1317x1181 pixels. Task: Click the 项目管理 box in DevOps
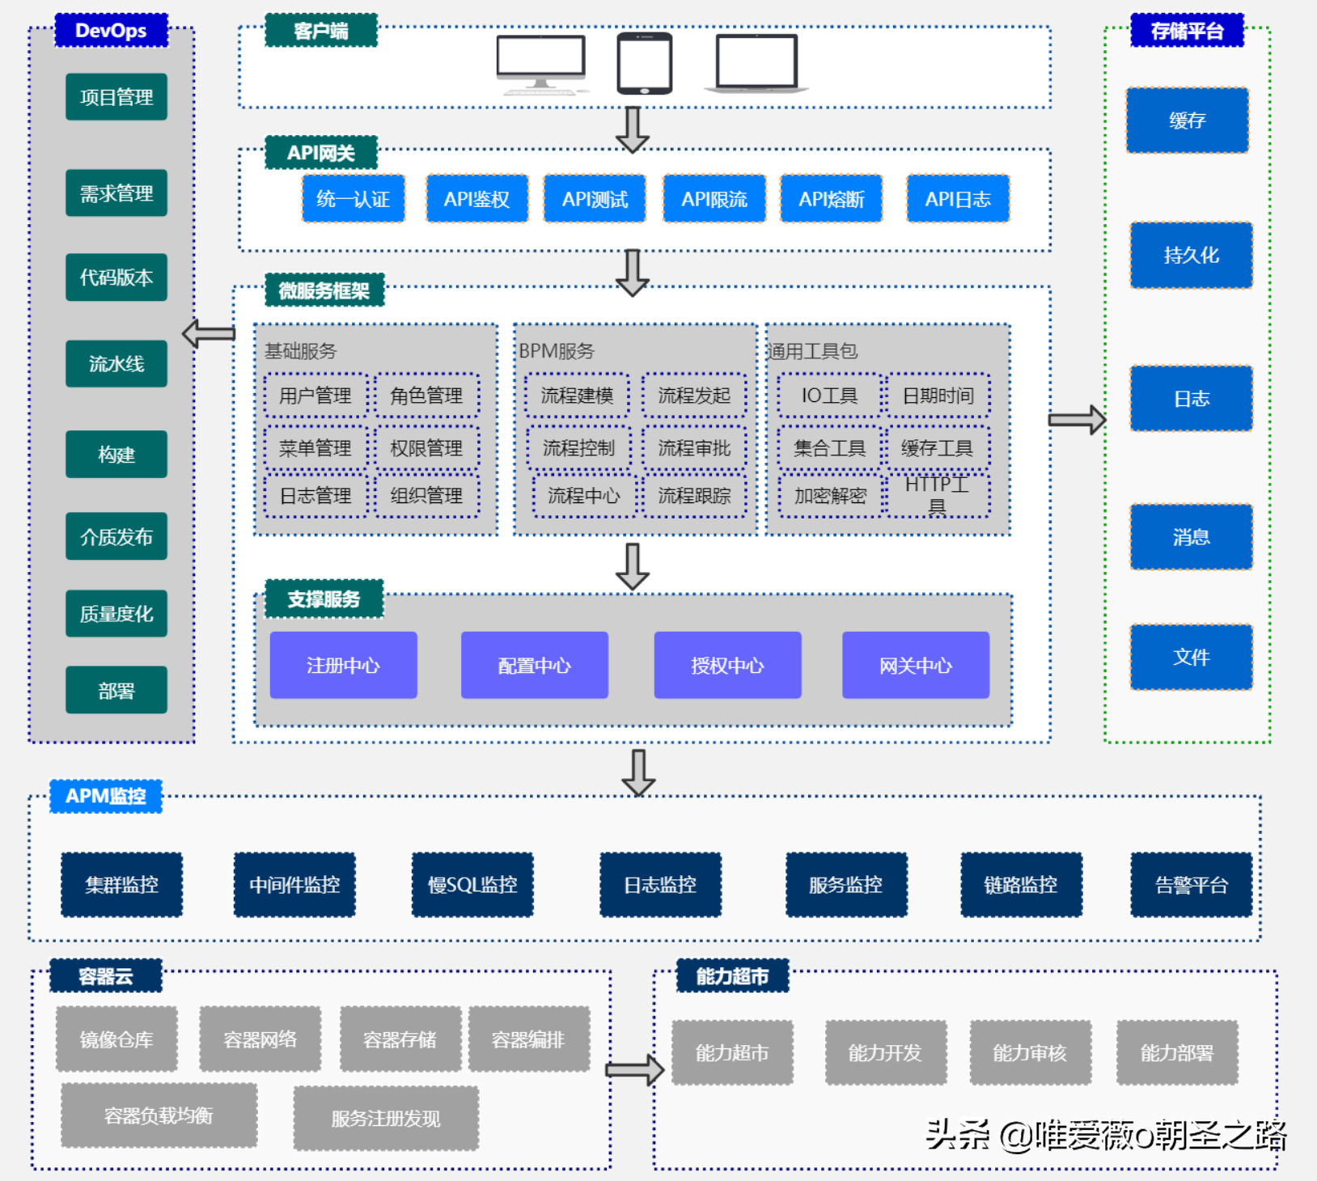point(116,97)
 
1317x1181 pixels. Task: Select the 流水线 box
point(116,364)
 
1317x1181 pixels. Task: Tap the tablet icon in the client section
point(645,63)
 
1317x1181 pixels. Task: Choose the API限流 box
point(714,199)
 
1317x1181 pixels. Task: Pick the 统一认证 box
point(354,199)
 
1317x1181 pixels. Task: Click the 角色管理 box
point(426,396)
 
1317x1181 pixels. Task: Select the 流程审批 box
point(694,448)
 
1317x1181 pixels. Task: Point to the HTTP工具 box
point(938,495)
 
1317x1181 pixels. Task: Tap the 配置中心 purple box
point(534,665)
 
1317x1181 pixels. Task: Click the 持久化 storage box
point(1191,256)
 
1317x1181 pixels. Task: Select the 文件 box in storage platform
point(1191,657)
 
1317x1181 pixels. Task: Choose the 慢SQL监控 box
point(472,884)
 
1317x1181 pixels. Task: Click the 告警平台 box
point(1191,884)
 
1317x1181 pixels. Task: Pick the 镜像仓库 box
point(116,1039)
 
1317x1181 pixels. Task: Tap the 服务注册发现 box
point(386,1118)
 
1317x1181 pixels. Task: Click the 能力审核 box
point(1030,1052)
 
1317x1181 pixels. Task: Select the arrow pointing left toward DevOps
point(209,333)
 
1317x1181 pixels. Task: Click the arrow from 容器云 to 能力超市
point(635,1070)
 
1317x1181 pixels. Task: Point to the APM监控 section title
point(106,796)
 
